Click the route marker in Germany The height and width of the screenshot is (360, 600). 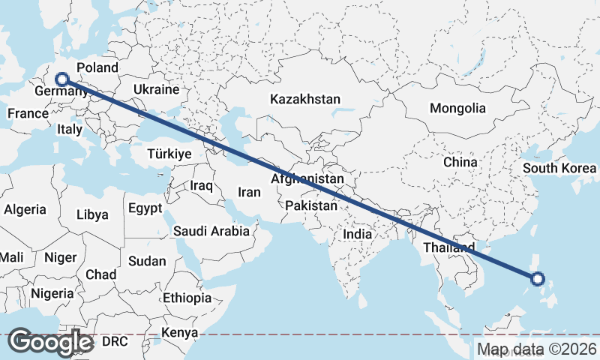[62, 79]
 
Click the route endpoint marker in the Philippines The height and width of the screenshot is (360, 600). [537, 279]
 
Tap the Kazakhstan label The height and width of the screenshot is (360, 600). [305, 99]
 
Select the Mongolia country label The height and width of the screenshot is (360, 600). [457, 108]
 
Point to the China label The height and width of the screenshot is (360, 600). [460, 162]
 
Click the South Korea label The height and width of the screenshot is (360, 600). [559, 168]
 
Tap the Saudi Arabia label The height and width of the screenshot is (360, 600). [211, 231]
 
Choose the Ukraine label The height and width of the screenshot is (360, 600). [156, 89]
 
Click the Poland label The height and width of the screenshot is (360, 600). [97, 67]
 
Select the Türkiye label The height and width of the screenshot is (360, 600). [170, 153]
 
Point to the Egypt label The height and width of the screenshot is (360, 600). [145, 208]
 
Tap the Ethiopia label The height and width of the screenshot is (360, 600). [187, 298]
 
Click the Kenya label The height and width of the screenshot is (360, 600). [180, 332]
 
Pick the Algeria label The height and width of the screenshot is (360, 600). [25, 210]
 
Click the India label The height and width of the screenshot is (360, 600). [357, 234]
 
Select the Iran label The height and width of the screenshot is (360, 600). [249, 192]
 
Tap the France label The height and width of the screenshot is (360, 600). [28, 114]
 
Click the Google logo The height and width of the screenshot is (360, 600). [50, 342]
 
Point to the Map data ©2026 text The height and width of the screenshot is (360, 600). [537, 349]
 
